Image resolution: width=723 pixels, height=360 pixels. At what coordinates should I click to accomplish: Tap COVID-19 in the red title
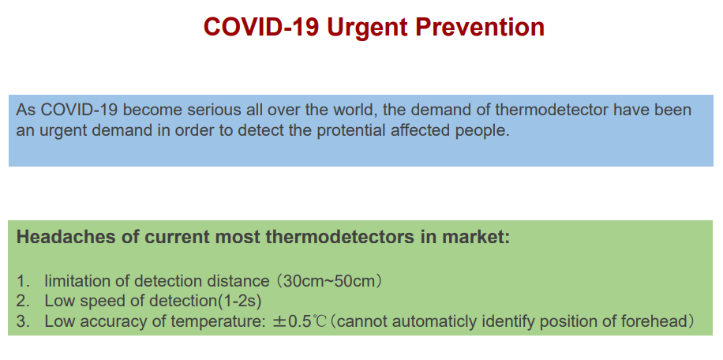pyautogui.click(x=261, y=27)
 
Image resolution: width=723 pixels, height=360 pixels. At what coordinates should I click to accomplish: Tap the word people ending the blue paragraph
pyautogui.click(x=481, y=131)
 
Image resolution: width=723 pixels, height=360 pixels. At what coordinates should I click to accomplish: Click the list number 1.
pyautogui.click(x=23, y=281)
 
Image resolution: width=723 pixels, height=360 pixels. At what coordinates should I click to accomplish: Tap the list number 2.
pyautogui.click(x=23, y=301)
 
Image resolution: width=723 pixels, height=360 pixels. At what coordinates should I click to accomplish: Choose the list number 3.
pyautogui.click(x=23, y=321)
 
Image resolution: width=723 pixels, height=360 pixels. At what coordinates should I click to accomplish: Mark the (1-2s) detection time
pyautogui.click(x=239, y=302)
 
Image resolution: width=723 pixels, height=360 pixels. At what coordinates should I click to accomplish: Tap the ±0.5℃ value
pyautogui.click(x=299, y=321)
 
